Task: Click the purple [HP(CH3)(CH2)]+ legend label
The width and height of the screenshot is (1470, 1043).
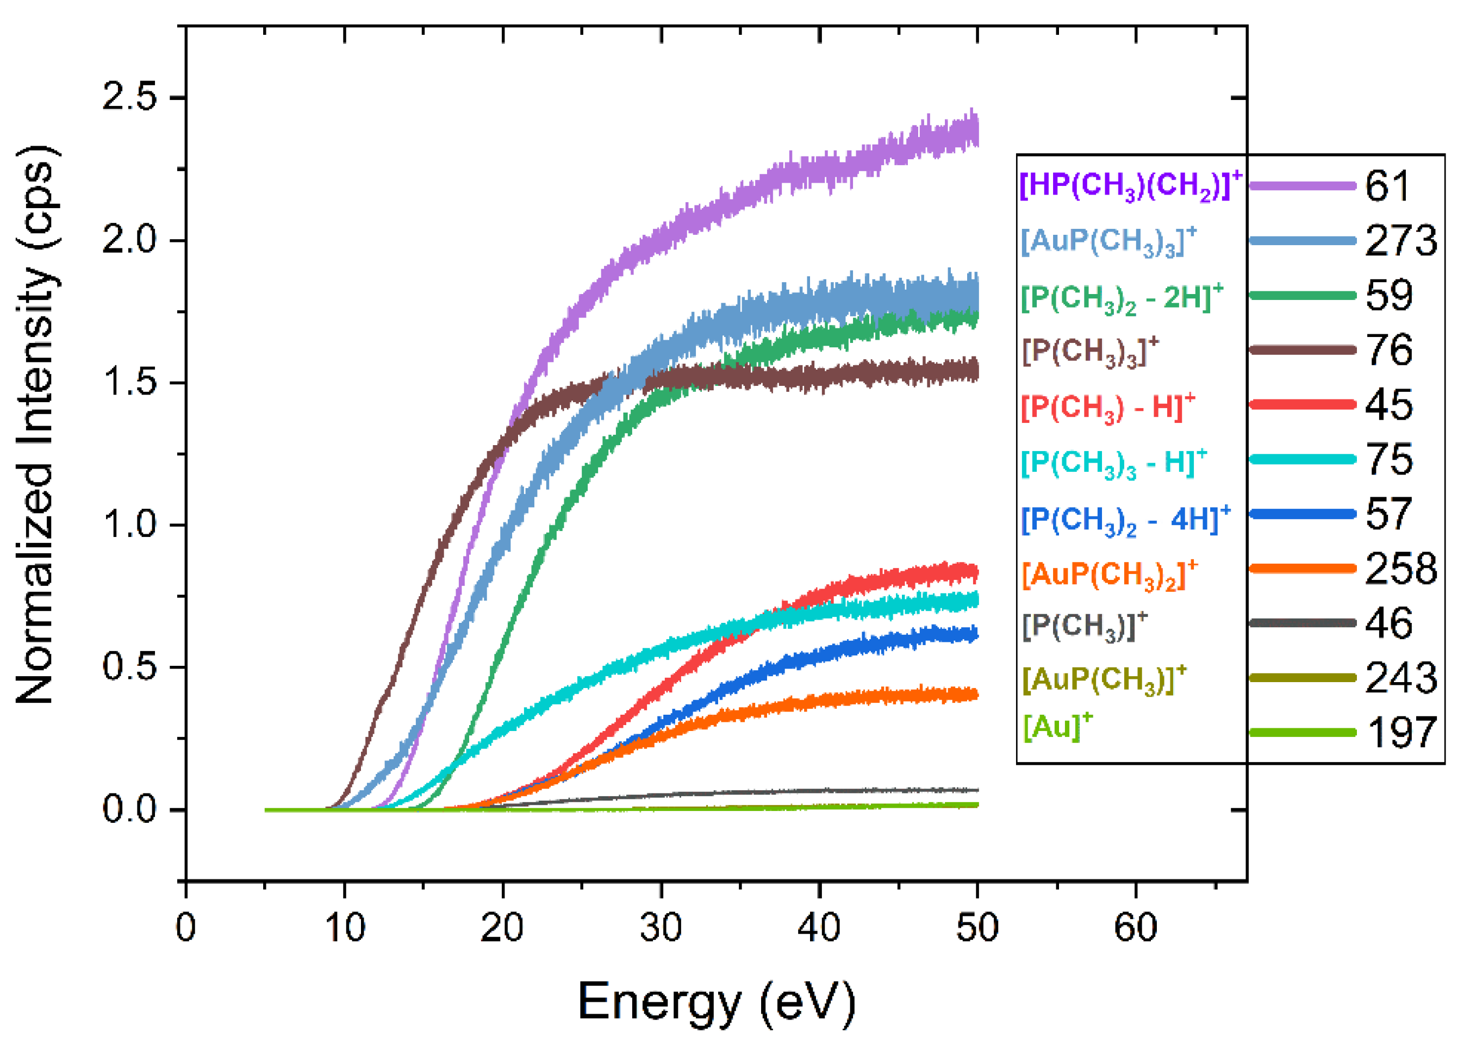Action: coord(1131,187)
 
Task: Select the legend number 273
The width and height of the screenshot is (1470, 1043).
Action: coord(1400,241)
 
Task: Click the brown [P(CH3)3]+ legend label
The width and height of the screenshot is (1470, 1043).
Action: coord(1091,351)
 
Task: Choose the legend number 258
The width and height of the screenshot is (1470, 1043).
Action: coord(1400,569)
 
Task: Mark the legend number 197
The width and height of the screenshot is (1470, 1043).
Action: coord(1400,732)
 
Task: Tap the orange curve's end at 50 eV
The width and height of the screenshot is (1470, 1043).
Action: coord(975,694)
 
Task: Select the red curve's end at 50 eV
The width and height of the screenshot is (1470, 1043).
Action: coord(975,571)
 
